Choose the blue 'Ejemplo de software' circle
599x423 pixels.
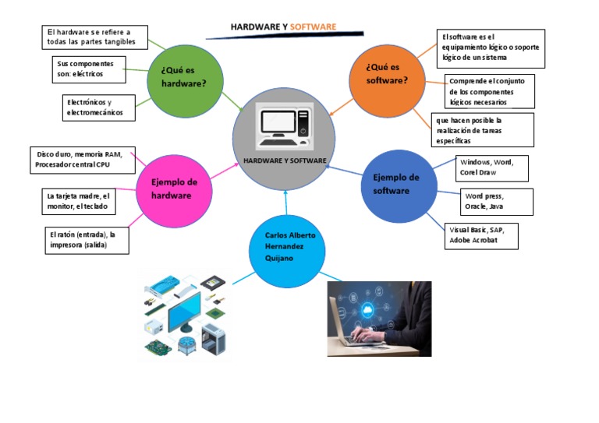click(397, 185)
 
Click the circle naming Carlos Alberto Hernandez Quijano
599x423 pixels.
click(285, 247)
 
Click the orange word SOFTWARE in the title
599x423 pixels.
click(313, 27)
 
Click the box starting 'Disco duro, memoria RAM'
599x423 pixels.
click(83, 160)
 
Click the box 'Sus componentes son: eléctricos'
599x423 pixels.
click(89, 69)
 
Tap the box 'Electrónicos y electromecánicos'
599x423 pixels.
click(99, 108)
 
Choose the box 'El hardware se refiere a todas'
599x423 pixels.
click(91, 36)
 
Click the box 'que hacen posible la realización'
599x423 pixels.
click(484, 130)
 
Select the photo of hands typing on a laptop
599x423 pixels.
click(379, 318)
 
